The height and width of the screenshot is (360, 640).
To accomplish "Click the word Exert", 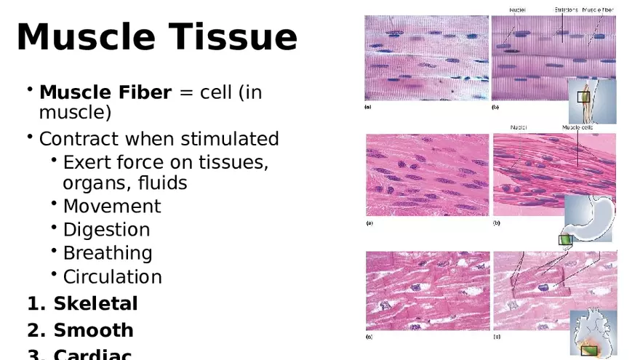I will [x=85, y=162].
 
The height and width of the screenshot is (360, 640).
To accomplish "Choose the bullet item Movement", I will [x=111, y=207].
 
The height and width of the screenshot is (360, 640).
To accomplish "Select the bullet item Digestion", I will [x=106, y=230].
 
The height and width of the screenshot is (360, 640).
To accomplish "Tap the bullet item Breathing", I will [x=108, y=253].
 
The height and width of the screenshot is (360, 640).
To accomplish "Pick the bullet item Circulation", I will [x=112, y=277].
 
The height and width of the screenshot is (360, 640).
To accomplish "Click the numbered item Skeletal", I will [x=95, y=303].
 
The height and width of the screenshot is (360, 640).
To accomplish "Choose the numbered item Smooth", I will [x=93, y=330].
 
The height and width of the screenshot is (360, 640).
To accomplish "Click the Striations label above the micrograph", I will [x=567, y=9].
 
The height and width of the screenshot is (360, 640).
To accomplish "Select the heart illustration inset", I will [x=593, y=333].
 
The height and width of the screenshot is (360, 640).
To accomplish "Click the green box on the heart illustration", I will [x=590, y=351].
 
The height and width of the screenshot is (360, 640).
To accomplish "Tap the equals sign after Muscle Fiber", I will [x=186, y=94].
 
